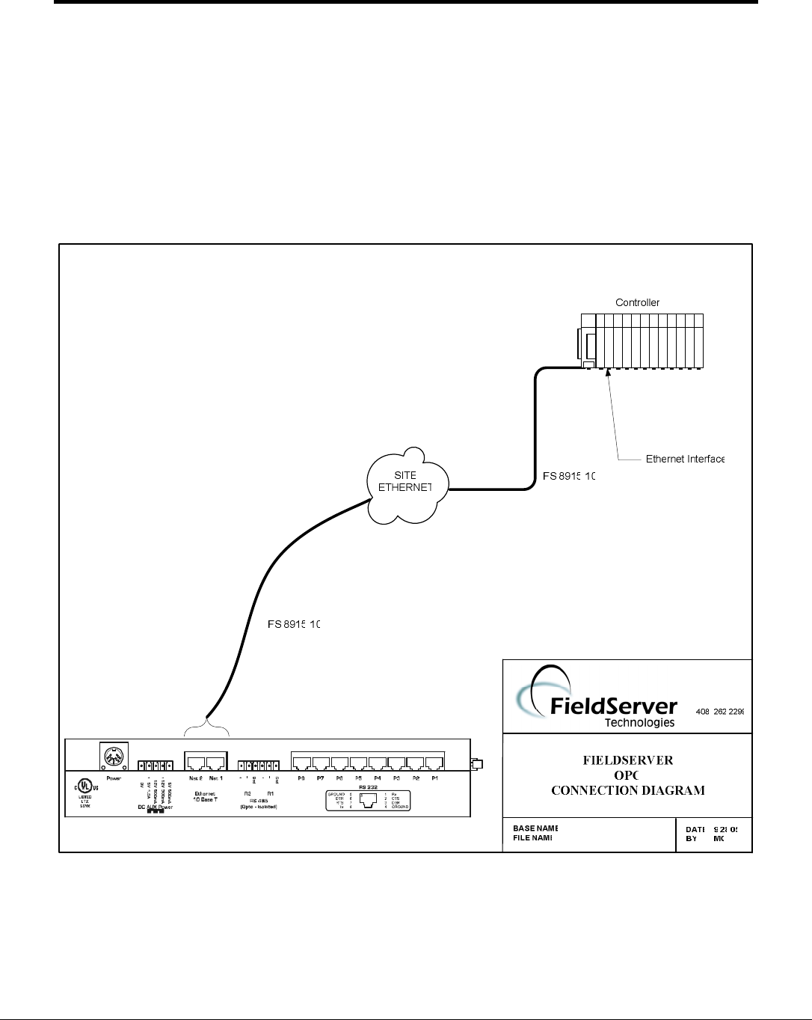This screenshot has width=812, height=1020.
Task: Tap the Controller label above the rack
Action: [637, 302]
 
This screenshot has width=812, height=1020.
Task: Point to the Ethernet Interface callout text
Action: [685, 459]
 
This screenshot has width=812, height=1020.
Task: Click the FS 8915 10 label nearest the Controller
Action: [568, 476]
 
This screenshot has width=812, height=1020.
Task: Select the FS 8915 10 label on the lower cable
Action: [293, 623]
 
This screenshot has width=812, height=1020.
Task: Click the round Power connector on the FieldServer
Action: [114, 757]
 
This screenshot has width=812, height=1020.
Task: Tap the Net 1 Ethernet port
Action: [216, 763]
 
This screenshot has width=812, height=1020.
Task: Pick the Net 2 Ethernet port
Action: [196, 763]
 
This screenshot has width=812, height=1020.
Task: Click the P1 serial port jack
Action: [434, 763]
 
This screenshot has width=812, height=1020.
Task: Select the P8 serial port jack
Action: [302, 763]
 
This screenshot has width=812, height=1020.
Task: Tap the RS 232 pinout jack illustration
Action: [367, 799]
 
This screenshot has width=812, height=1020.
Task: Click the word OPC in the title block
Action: [627, 775]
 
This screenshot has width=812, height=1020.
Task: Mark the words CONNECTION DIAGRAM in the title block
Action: [627, 790]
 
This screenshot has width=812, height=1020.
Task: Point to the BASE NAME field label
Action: [535, 828]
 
